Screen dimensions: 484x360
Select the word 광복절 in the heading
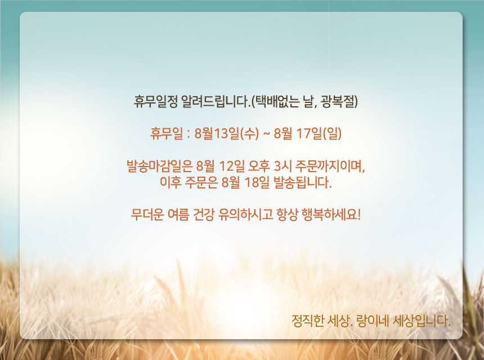[x=339, y=102]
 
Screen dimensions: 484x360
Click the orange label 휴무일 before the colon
[x=167, y=133]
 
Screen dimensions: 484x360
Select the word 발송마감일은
[x=160, y=166]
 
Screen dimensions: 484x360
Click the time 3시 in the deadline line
[x=283, y=166]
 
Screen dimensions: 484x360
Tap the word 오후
[x=259, y=166]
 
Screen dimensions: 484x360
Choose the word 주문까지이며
[x=330, y=166]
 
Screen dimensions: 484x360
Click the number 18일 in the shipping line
[x=257, y=183]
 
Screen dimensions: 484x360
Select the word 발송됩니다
[x=303, y=183]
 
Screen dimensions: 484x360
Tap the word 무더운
[x=147, y=214]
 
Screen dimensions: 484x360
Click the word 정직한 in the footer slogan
[x=307, y=321]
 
